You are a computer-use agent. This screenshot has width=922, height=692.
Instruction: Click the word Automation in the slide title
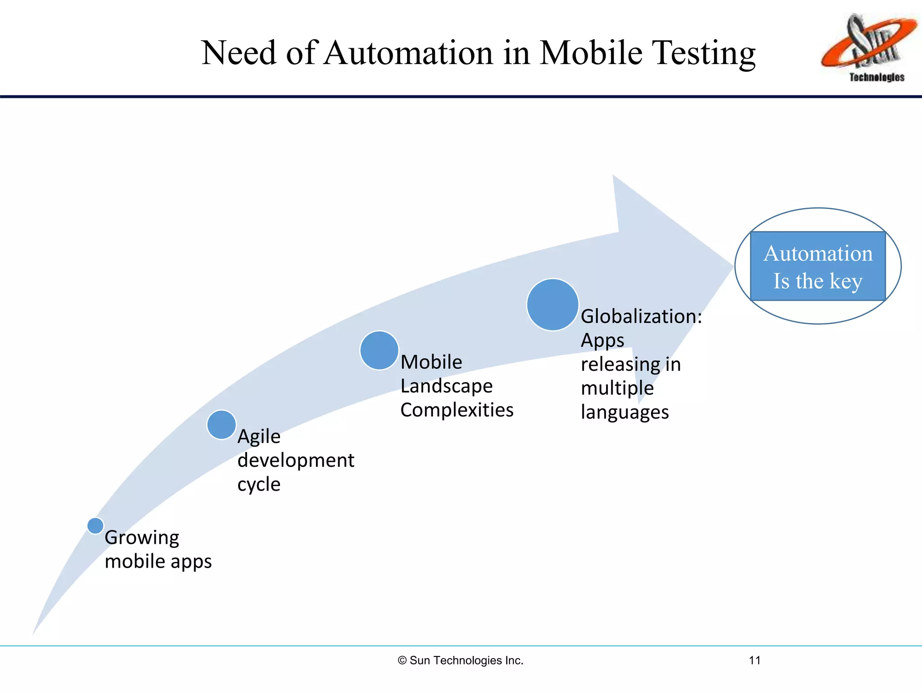coord(409,53)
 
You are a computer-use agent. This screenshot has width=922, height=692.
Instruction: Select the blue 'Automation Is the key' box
coord(818,266)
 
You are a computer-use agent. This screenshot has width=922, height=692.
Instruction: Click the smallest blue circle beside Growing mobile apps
coord(95,525)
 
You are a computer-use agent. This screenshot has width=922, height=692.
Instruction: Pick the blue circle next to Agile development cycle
coord(221,424)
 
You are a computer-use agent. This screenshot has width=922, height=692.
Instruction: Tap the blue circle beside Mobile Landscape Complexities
coord(379,351)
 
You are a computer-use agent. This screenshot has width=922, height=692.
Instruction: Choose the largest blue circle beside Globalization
coord(552,305)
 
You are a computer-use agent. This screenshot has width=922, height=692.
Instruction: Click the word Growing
coord(142,538)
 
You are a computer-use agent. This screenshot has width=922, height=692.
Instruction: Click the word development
coord(296,460)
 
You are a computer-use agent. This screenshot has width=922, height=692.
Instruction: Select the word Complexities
coord(456,410)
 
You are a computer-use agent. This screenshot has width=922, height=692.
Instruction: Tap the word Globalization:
coord(641,316)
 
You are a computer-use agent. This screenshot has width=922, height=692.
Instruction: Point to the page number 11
coord(755,660)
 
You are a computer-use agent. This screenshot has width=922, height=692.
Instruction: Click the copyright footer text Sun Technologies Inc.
coord(461,660)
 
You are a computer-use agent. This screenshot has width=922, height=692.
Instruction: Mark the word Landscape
coord(447,386)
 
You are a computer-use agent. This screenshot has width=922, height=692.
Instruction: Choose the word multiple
coord(617,388)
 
